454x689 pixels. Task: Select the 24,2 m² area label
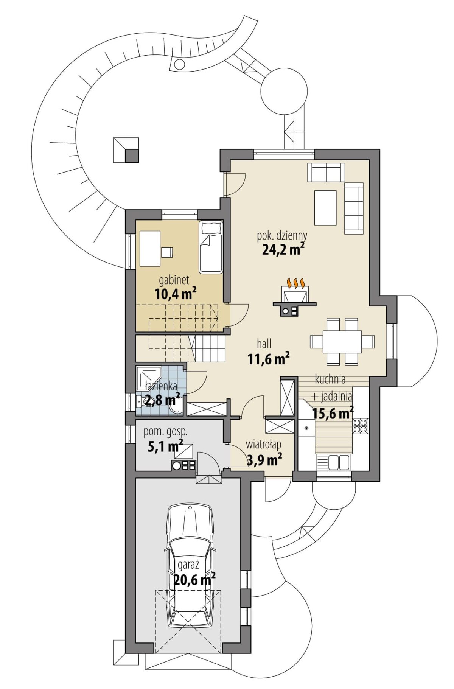pos(283,249)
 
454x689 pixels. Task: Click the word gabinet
pos(174,280)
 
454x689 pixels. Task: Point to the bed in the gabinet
pos(211,247)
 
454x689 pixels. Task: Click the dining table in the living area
pos(342,342)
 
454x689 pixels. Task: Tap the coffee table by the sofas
pos(325,208)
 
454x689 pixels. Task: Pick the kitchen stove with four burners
pos(361,426)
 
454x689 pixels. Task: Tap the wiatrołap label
pos(263,444)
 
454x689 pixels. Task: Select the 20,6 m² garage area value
pos(194,579)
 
